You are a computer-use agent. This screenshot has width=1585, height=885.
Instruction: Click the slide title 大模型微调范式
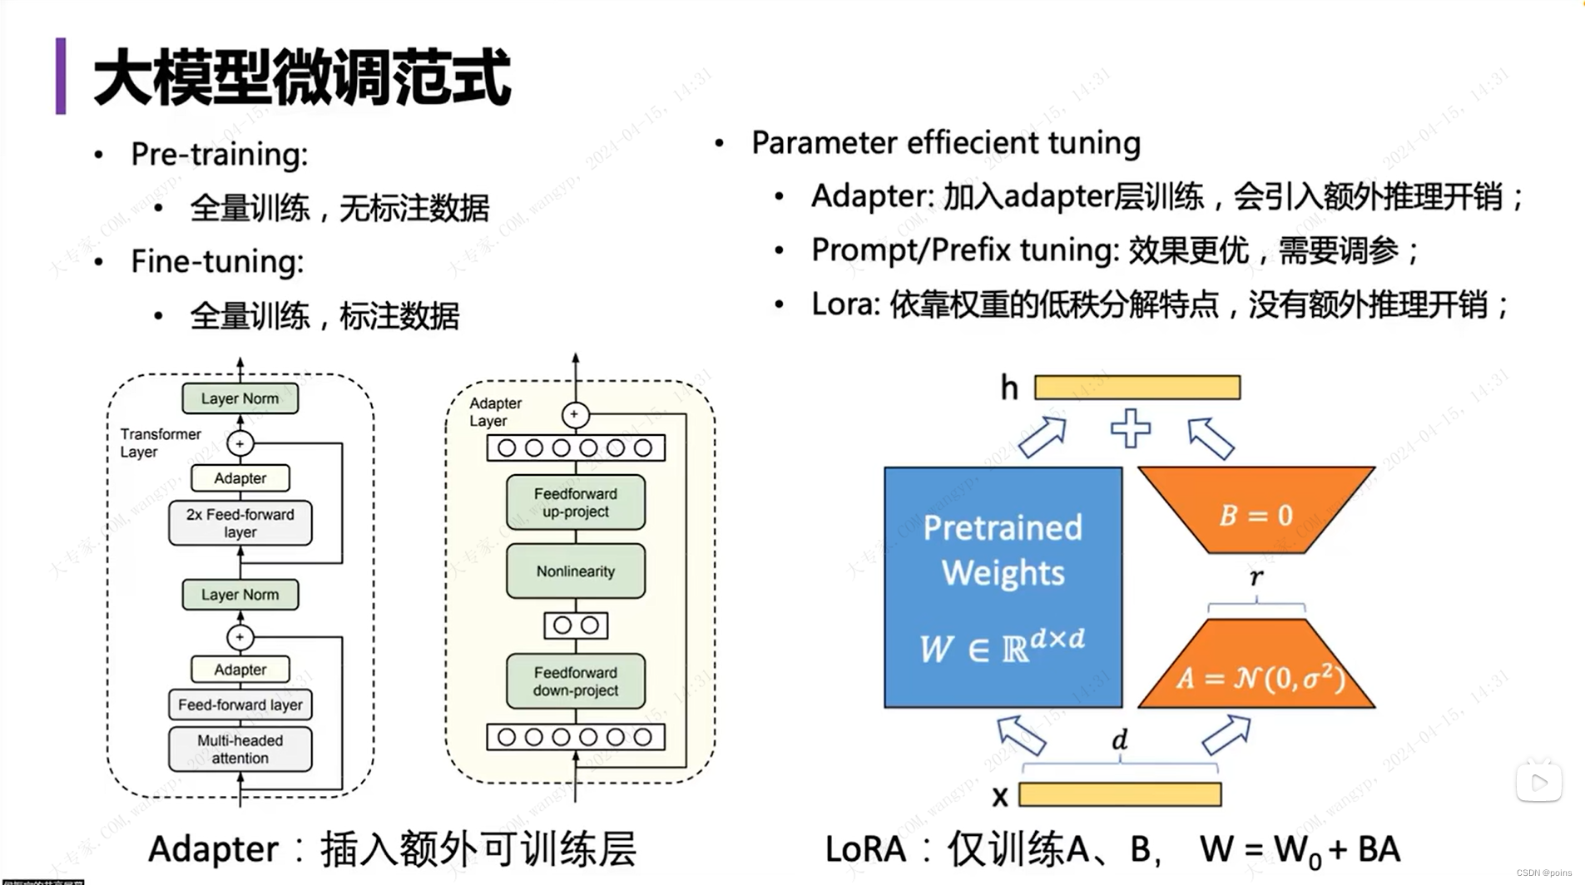[x=301, y=77]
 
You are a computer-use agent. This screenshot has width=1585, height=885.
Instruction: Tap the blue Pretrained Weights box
[x=1003, y=587]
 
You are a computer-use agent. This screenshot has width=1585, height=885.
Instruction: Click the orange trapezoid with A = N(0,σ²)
[x=1256, y=670]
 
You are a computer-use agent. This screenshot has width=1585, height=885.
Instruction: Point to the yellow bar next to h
[x=1137, y=388]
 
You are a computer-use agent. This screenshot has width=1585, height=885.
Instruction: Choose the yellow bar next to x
[x=1120, y=794]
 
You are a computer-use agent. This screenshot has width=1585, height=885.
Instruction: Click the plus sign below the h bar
[x=1131, y=428]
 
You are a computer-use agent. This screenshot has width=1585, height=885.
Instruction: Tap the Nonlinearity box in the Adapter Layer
[x=575, y=571]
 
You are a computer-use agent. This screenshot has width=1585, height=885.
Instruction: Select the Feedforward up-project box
[x=575, y=502]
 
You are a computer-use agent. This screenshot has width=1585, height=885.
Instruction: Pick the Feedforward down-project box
[x=575, y=681]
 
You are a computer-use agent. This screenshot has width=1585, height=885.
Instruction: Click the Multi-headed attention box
[x=240, y=749]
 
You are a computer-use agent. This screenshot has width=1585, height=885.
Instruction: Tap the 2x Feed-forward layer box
[x=240, y=523]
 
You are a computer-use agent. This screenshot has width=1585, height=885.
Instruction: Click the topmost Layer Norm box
[x=240, y=398]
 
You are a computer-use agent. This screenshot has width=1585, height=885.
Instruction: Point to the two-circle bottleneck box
[x=576, y=625]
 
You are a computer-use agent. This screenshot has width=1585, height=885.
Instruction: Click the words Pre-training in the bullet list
[x=219, y=155]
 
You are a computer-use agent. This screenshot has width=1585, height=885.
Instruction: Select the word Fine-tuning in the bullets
[x=217, y=262]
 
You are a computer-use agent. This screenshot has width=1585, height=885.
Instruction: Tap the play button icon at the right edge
[x=1538, y=782]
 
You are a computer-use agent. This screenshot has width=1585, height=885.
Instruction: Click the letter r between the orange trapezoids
[x=1256, y=576]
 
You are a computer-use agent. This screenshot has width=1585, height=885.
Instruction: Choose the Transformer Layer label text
[x=160, y=442]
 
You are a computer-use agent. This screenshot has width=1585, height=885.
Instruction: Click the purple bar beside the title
[x=61, y=76]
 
